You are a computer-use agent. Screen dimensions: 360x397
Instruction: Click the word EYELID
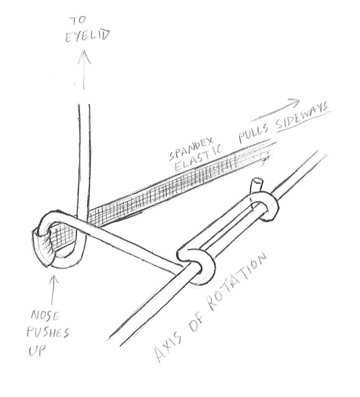(x=88, y=36)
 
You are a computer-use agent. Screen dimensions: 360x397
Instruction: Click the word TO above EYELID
(x=79, y=21)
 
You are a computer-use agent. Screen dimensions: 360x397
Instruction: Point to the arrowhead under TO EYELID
(x=84, y=57)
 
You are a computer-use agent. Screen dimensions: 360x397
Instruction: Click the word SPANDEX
(x=192, y=148)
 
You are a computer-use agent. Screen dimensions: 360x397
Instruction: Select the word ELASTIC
(x=199, y=158)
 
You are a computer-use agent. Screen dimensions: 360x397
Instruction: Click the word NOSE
(x=45, y=316)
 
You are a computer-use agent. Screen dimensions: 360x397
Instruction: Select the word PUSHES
(x=48, y=332)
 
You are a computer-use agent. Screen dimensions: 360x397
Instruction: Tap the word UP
(x=38, y=350)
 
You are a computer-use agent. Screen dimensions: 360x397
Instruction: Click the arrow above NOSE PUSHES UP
(x=54, y=290)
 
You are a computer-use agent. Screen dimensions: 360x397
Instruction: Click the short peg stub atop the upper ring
(x=256, y=186)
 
